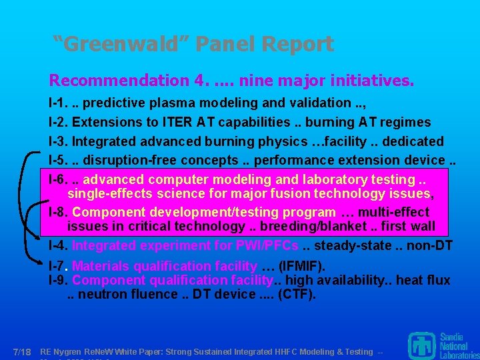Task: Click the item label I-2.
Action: tap(59, 123)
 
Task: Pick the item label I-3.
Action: tap(59, 141)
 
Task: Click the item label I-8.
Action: tap(59, 212)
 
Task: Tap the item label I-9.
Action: tap(59, 280)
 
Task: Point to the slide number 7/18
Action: tap(22, 351)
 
